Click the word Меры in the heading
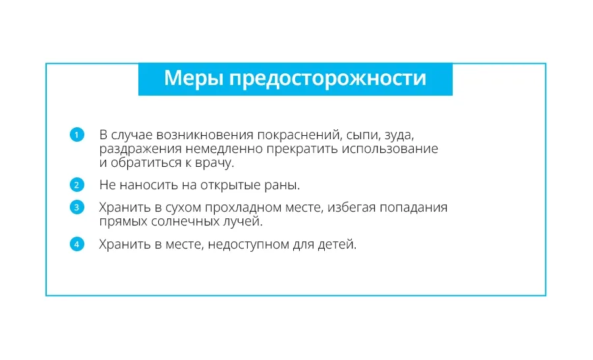pyautogui.click(x=193, y=78)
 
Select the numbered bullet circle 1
pyautogui.click(x=77, y=135)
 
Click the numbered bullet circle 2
pyautogui.click(x=77, y=185)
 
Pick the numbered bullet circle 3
pyautogui.click(x=77, y=207)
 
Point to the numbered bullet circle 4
pyautogui.click(x=77, y=244)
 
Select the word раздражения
pyautogui.click(x=140, y=150)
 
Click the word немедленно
pyautogui.click(x=224, y=149)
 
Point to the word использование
pyautogui.click(x=390, y=149)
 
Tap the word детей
pyautogui.click(x=337, y=245)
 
